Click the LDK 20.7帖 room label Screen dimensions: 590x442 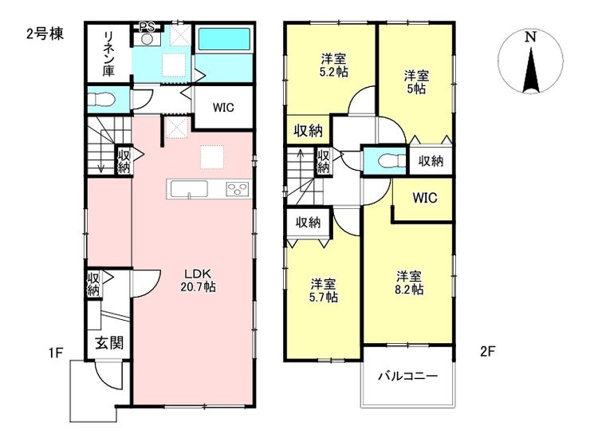[x=199, y=280]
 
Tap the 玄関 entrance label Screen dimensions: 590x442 [x=108, y=343]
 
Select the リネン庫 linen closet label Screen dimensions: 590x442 [x=108, y=53]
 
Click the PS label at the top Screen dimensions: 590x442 [x=147, y=27]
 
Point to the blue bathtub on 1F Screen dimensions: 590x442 [x=224, y=39]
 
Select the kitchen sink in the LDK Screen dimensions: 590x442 [x=189, y=188]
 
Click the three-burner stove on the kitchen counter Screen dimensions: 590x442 [x=238, y=188]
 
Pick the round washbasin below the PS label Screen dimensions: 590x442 [x=147, y=39]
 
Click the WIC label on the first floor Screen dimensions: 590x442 [x=223, y=108]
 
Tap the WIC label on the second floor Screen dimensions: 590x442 [x=425, y=198]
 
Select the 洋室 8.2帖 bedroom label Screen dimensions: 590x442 [x=409, y=282]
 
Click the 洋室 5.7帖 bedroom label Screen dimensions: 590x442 [x=324, y=290]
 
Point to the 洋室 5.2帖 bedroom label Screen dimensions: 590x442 [x=334, y=65]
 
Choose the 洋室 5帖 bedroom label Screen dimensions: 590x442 [x=416, y=82]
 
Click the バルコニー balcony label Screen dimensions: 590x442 [x=408, y=376]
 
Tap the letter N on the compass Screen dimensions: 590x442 [x=530, y=37]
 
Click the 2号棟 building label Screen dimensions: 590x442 [x=45, y=34]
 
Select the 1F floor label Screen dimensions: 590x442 [x=55, y=353]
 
